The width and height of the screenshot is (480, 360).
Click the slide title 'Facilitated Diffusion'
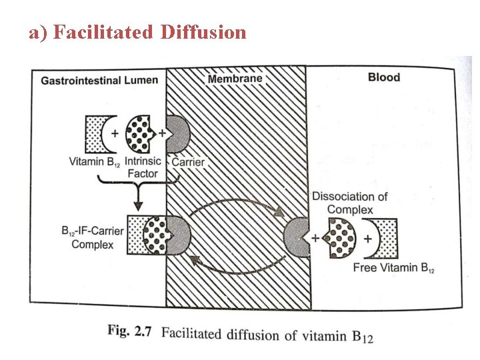[x=149, y=32]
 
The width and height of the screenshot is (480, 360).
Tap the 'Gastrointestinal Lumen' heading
[x=99, y=80]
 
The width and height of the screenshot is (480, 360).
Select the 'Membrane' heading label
[x=235, y=79]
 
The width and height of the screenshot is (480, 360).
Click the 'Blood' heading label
[x=384, y=77]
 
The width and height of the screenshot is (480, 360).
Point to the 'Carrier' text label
[x=188, y=162]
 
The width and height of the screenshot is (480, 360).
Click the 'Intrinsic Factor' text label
[x=142, y=167]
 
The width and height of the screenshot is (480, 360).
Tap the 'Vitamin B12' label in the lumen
[x=94, y=162]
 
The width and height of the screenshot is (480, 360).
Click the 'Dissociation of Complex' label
[x=349, y=203]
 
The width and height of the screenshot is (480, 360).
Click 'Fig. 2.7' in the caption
[x=132, y=331]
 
